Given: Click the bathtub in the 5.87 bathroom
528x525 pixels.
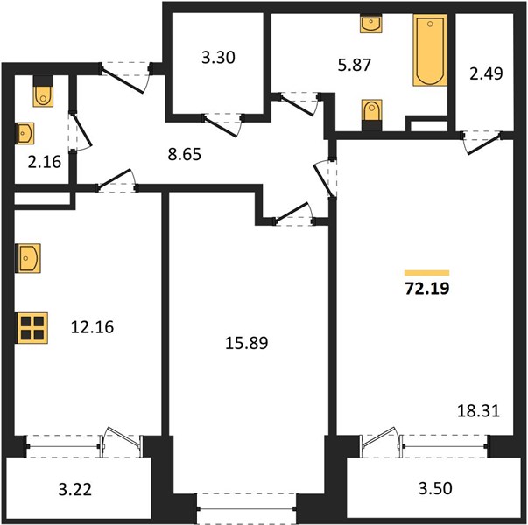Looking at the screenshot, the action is tap(430, 50).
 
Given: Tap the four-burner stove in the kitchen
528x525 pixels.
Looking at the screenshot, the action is tap(32, 328).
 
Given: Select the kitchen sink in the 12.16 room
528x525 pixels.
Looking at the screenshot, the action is tap(28, 258).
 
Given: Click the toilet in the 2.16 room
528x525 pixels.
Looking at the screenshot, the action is tap(43, 92).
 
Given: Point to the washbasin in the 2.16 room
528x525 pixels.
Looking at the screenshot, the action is tap(25, 133).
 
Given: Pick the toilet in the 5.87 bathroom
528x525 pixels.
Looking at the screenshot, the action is tap(372, 115).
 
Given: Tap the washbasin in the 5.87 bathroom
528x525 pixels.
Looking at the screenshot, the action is tap(371, 24).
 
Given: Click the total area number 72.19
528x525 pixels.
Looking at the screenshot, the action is tap(427, 289).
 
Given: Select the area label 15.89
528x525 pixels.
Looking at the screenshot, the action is tap(247, 343).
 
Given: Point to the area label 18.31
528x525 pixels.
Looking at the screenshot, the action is tap(478, 411).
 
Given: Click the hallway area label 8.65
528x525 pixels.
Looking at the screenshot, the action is tap(185, 155).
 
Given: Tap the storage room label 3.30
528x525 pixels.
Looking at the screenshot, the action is tap(218, 58).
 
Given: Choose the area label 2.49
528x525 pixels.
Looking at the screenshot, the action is tap(486, 73).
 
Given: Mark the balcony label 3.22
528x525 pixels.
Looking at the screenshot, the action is tap(75, 489).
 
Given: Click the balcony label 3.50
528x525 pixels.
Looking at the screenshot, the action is tap(435, 488).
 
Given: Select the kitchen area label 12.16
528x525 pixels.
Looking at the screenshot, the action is tap(92, 327).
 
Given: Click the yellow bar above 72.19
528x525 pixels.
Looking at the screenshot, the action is tap(427, 273).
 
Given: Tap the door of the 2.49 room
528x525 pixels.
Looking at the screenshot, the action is tap(482, 143).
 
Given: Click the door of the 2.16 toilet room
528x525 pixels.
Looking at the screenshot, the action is tap(81, 132).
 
